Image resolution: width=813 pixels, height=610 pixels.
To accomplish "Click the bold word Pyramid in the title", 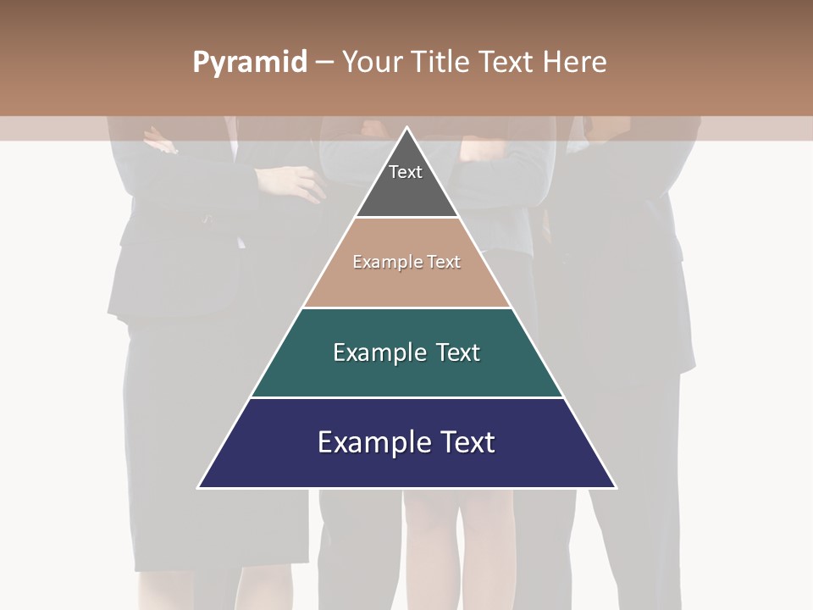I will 250,62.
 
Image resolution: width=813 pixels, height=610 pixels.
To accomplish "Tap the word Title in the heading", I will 442,62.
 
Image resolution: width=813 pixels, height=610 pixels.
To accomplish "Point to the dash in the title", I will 324,63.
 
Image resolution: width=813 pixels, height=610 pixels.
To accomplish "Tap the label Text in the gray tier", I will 406,172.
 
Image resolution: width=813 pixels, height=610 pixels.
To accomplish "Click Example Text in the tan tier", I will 406,262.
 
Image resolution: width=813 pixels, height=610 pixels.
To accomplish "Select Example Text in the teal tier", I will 406,352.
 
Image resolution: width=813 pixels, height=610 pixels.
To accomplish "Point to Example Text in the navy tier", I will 406,442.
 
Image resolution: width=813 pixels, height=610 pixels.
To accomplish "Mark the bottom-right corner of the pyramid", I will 615,487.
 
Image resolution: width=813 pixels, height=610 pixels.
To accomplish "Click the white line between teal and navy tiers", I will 406,397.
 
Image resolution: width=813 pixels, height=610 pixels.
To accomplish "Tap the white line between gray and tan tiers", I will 406,218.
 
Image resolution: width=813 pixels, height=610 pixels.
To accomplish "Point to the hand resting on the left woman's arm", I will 292,180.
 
